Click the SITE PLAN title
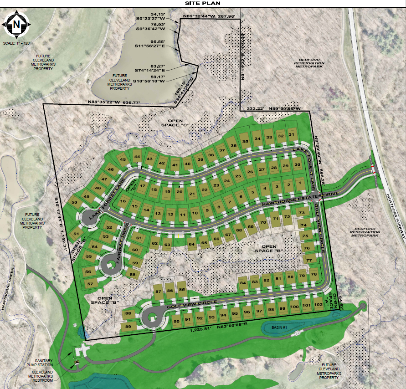click(x=202, y=3)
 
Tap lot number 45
click(x=123, y=159)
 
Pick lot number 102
click(x=319, y=305)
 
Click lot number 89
click(x=128, y=327)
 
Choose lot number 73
click(x=301, y=213)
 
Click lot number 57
click(x=90, y=284)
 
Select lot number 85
click(x=181, y=289)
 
